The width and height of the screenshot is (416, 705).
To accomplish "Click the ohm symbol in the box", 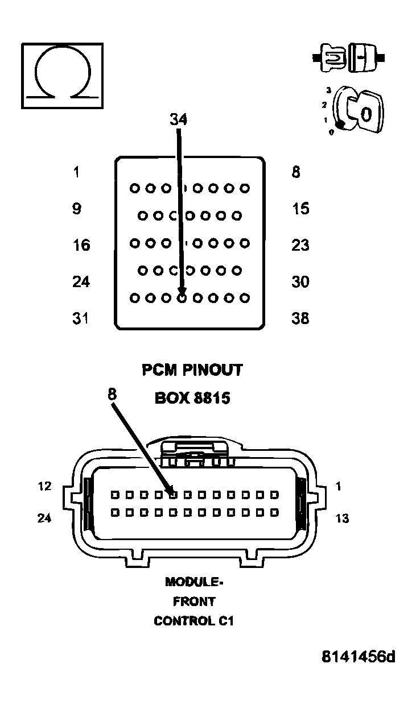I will [62, 75].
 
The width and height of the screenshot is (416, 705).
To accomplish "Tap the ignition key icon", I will [359, 109].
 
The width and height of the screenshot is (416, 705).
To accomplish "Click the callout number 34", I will [178, 119].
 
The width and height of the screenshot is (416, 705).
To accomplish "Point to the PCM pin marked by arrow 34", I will [182, 297].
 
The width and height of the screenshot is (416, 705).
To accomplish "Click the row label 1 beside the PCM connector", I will [77, 172].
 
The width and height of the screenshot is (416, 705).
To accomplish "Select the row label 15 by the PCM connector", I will [300, 209].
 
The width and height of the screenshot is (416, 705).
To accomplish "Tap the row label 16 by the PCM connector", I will [81, 245].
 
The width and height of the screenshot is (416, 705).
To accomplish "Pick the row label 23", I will [300, 245].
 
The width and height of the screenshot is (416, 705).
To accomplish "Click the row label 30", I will [300, 281].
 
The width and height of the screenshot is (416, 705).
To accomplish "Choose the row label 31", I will [80, 318].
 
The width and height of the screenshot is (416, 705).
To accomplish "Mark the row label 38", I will [300, 318].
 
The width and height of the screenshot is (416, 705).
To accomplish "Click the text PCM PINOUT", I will [192, 370].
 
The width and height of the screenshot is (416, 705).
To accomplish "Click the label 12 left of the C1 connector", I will [44, 487].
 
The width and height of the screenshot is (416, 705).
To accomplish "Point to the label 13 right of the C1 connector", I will [343, 519].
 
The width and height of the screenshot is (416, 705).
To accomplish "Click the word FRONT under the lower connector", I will [194, 602].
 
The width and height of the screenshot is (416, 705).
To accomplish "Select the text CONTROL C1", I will [193, 621].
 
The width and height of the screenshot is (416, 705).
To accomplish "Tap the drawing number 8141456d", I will [358, 657].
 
